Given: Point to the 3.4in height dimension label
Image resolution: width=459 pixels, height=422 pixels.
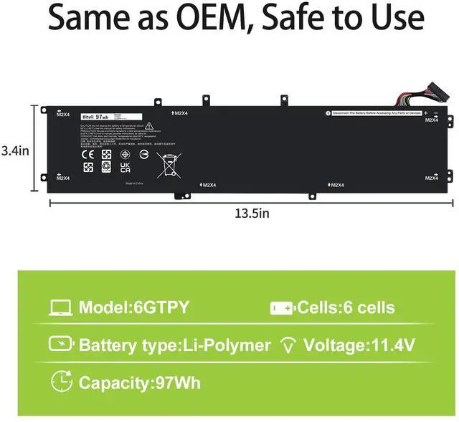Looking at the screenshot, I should [14, 151].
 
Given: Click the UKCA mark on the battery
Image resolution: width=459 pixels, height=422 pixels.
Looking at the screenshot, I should [125, 166].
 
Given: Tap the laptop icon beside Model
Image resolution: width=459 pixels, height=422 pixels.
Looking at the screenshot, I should [60, 308].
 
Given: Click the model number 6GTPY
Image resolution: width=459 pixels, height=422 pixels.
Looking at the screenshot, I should [161, 308].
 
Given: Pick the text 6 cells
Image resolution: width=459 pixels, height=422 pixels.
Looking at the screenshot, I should [366, 308].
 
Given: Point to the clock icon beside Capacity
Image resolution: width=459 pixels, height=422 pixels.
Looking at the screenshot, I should [62, 382].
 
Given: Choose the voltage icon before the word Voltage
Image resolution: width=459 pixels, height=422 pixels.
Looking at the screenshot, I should [289, 346].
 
